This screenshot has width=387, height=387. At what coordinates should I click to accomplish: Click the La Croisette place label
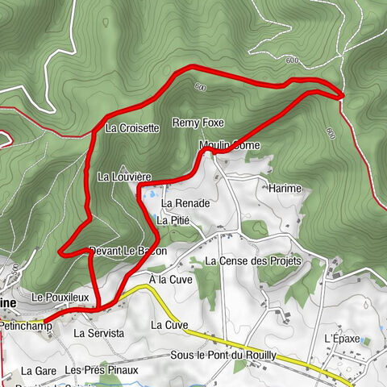click(132, 127)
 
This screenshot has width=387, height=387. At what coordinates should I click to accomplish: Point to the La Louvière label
click(124, 176)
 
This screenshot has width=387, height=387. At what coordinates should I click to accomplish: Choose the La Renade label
click(185, 204)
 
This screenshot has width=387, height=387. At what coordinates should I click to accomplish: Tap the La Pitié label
click(173, 219)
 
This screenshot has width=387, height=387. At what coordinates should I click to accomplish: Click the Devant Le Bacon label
click(128, 251)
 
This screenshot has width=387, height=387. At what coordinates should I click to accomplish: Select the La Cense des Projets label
click(252, 261)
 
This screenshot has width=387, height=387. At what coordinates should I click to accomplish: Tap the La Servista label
click(99, 332)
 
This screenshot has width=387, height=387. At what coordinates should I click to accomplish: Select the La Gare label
click(36, 371)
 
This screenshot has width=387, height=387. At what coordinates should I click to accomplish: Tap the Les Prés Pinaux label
click(102, 370)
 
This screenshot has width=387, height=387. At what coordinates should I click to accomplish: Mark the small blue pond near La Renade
click(148, 193)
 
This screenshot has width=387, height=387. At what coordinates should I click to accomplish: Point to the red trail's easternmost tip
click(343, 95)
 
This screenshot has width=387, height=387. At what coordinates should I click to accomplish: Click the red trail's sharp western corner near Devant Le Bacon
click(62, 253)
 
